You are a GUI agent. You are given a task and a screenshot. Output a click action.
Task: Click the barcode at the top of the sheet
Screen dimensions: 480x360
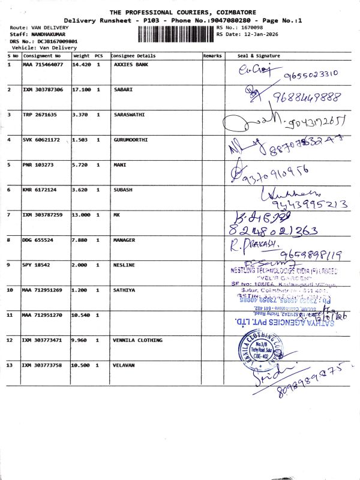click(x=176, y=34)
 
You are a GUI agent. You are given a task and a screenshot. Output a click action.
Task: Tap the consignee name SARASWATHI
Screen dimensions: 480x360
click(x=129, y=114)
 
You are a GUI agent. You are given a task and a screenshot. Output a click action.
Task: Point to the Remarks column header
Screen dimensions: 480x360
click(x=212, y=56)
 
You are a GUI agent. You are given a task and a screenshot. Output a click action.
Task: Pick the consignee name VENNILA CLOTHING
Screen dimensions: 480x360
click(x=138, y=340)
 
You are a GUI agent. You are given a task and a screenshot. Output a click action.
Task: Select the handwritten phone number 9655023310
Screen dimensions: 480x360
click(x=311, y=73)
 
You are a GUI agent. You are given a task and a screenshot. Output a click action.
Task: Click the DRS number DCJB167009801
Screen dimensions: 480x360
click(x=53, y=41)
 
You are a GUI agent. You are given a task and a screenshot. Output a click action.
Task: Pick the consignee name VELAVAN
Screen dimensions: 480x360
click(x=124, y=365)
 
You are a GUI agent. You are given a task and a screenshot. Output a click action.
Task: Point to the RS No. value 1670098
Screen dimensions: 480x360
click(x=251, y=28)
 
